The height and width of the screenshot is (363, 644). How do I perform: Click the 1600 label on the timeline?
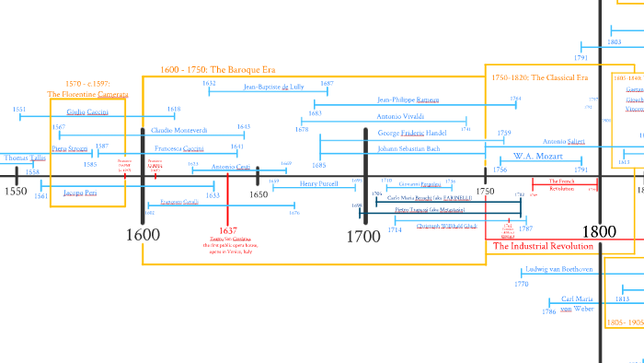pyautogui.click(x=143, y=235)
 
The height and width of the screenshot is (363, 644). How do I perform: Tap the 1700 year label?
pyautogui.click(x=363, y=237)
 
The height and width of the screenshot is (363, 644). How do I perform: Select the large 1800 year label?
pyautogui.click(x=600, y=232)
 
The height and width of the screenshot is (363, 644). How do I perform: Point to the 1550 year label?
pyautogui.click(x=15, y=192)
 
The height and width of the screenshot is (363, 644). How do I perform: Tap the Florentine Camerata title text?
pyautogui.click(x=87, y=94)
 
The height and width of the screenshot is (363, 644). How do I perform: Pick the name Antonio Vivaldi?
pyautogui.click(x=400, y=116)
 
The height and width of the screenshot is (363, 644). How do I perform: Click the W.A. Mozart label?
pyautogui.click(x=537, y=157)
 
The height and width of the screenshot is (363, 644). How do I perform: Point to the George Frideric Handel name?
pyautogui.click(x=411, y=133)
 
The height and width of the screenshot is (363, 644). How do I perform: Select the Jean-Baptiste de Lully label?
pyautogui.click(x=273, y=87)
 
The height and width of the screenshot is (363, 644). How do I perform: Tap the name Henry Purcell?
pyautogui.click(x=318, y=183)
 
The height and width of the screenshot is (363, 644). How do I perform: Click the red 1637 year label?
pyautogui.click(x=228, y=230)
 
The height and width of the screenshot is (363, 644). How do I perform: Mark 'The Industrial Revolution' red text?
pyautogui.click(x=544, y=246)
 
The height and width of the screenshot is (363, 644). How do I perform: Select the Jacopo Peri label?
pyautogui.click(x=80, y=193)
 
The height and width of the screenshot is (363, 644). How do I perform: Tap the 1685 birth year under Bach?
pyautogui.click(x=318, y=165)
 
